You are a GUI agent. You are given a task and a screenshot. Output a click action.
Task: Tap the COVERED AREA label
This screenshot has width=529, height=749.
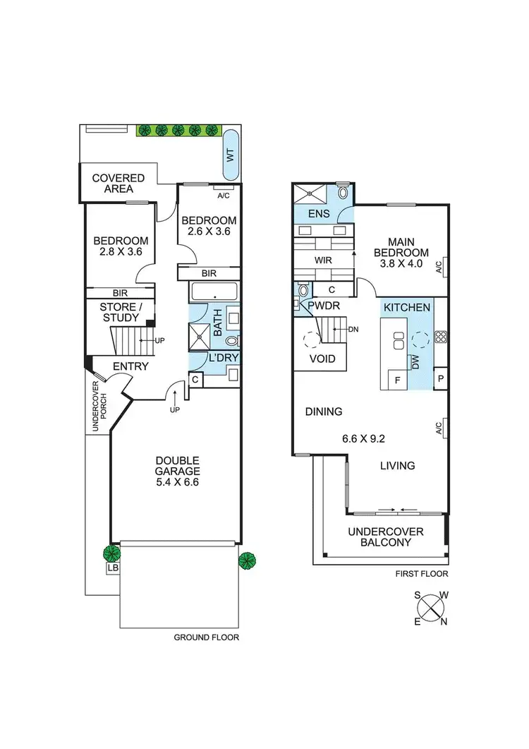coord(118,184)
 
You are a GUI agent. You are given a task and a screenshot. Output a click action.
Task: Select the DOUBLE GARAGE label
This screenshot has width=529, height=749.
coord(178,472)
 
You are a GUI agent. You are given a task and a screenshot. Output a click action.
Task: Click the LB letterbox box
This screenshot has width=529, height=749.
coord(112,568)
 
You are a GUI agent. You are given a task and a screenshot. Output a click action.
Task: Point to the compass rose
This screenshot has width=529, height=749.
coord(431,609)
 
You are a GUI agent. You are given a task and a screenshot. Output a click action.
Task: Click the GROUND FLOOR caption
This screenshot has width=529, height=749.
coord(206,637)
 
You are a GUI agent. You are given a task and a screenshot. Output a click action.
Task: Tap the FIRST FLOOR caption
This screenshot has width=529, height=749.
coord(420,574)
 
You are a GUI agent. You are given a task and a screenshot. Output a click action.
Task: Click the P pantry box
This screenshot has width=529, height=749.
coord(440,378)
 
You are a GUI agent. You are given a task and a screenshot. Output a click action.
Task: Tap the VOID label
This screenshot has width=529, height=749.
coord(322,359)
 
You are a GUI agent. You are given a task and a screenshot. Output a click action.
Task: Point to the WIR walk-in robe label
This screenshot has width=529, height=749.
coord(323,260)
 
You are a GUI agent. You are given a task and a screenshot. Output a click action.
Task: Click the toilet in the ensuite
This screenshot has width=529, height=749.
coord(343,191)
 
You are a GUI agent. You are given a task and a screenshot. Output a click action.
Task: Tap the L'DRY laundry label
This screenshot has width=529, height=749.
coord(224,359)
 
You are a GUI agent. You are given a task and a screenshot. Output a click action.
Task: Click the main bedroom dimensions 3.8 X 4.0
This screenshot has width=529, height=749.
coord(401,265)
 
